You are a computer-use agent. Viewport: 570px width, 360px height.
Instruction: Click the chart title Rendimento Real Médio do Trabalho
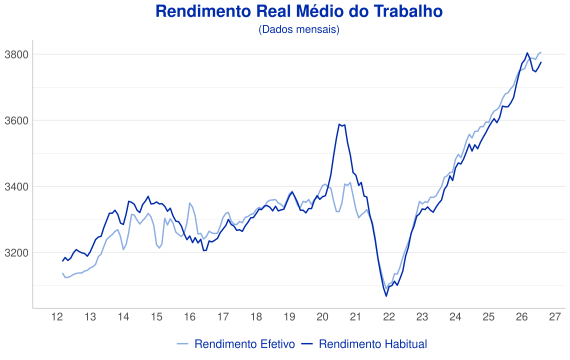299,11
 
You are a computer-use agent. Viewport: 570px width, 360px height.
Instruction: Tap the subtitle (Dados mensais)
299,29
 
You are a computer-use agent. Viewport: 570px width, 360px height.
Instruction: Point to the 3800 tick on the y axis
16,55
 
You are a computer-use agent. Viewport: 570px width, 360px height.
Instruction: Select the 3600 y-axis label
16,121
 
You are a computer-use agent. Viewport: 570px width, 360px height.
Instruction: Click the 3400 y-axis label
16,187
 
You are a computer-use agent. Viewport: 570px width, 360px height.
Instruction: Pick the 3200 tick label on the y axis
16,253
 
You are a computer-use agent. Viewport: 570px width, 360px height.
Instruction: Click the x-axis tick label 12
57,317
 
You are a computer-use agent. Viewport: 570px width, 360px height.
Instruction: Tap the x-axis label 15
157,317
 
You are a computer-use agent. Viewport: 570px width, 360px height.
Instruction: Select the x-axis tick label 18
256,317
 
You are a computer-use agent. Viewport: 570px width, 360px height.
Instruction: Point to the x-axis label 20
322,317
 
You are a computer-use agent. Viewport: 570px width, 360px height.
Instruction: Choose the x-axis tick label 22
389,317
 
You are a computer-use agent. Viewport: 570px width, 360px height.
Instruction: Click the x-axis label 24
455,317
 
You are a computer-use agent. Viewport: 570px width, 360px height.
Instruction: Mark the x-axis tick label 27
555,317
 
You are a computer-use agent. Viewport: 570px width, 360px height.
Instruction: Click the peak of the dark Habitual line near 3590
339,124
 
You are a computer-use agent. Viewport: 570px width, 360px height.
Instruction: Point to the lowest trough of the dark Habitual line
386,296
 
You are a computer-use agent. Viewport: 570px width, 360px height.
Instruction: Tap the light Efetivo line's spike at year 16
189,203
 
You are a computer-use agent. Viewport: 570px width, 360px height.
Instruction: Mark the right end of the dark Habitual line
541,63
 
